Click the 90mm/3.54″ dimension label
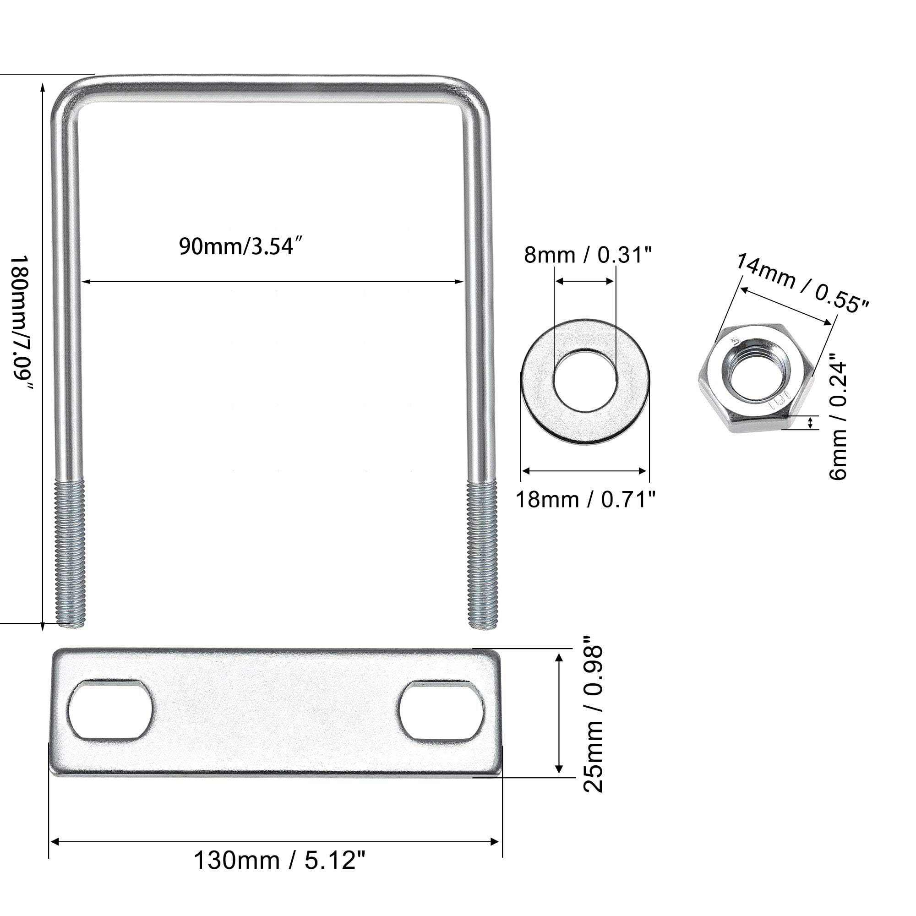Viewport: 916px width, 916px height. click(x=240, y=246)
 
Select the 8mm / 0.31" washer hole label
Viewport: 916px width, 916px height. click(x=589, y=255)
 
